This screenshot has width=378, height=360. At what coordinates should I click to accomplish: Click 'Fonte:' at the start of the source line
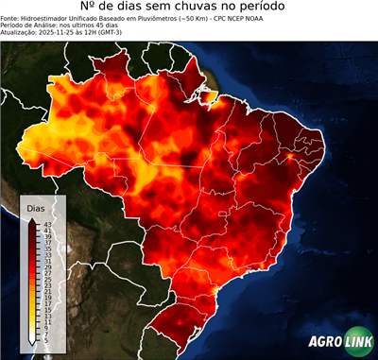(x=12, y=23)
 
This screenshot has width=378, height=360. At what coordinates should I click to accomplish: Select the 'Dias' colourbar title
(x=36, y=207)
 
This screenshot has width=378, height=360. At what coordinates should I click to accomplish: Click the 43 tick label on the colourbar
(x=47, y=222)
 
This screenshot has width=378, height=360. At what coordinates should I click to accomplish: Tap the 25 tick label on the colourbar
(x=47, y=280)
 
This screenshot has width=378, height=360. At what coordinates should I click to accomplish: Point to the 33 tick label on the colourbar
(x=47, y=254)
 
